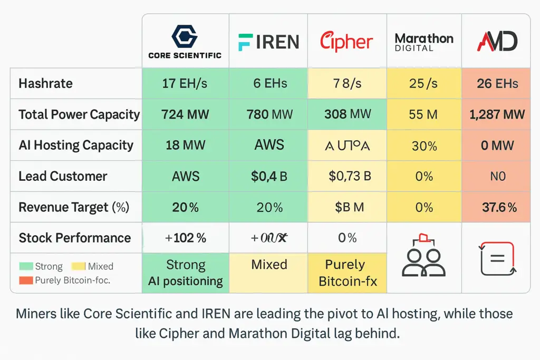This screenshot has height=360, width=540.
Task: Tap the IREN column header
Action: click(x=269, y=42)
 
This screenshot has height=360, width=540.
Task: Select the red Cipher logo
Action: click(x=346, y=42)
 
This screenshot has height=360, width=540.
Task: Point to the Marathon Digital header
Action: click(x=424, y=42)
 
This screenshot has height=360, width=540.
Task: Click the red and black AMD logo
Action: click(x=497, y=41)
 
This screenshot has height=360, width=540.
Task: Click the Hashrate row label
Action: click(x=45, y=83)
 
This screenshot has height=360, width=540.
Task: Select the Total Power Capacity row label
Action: click(x=79, y=114)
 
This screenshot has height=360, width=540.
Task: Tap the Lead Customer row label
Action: click(x=63, y=176)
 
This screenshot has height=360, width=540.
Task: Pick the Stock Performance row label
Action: click(x=74, y=238)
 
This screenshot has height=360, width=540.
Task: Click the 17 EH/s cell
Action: click(x=185, y=83)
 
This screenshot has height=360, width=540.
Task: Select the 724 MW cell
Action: click(x=185, y=114)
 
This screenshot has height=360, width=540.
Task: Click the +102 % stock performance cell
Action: click(x=185, y=238)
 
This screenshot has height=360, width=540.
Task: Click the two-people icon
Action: click(x=424, y=258)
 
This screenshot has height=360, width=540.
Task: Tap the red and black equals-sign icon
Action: click(x=497, y=259)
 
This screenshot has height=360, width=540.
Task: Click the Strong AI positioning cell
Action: click(x=185, y=273)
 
